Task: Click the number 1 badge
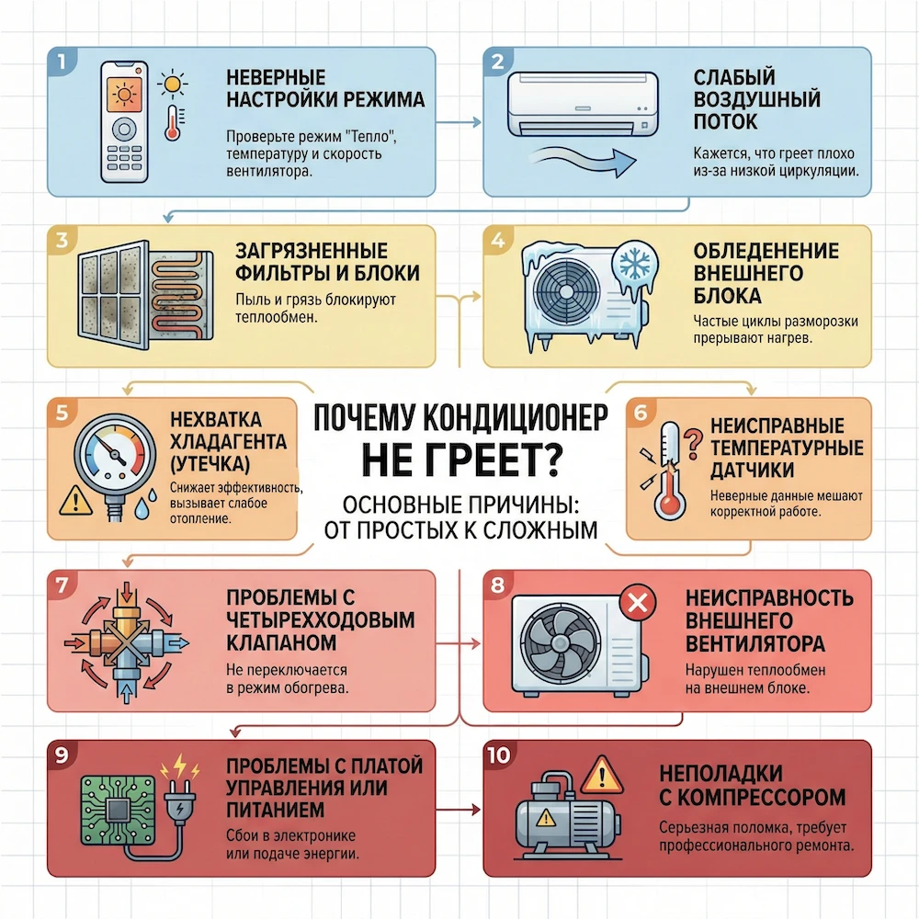tap(62, 61)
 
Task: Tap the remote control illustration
tap(124, 121)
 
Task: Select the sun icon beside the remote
tap(173, 84)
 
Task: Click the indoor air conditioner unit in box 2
tap(583, 105)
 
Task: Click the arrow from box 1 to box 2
tap(459, 122)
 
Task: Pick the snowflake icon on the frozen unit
tap(634, 265)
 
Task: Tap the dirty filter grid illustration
tap(113, 295)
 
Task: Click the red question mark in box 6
tap(693, 443)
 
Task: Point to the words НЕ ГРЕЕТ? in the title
tap(462, 460)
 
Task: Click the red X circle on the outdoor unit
tap(637, 602)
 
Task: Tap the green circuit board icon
tap(118, 811)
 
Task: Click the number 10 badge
tap(499, 754)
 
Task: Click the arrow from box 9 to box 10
tap(459, 811)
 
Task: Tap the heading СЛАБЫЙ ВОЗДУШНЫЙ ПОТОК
tap(756, 99)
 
